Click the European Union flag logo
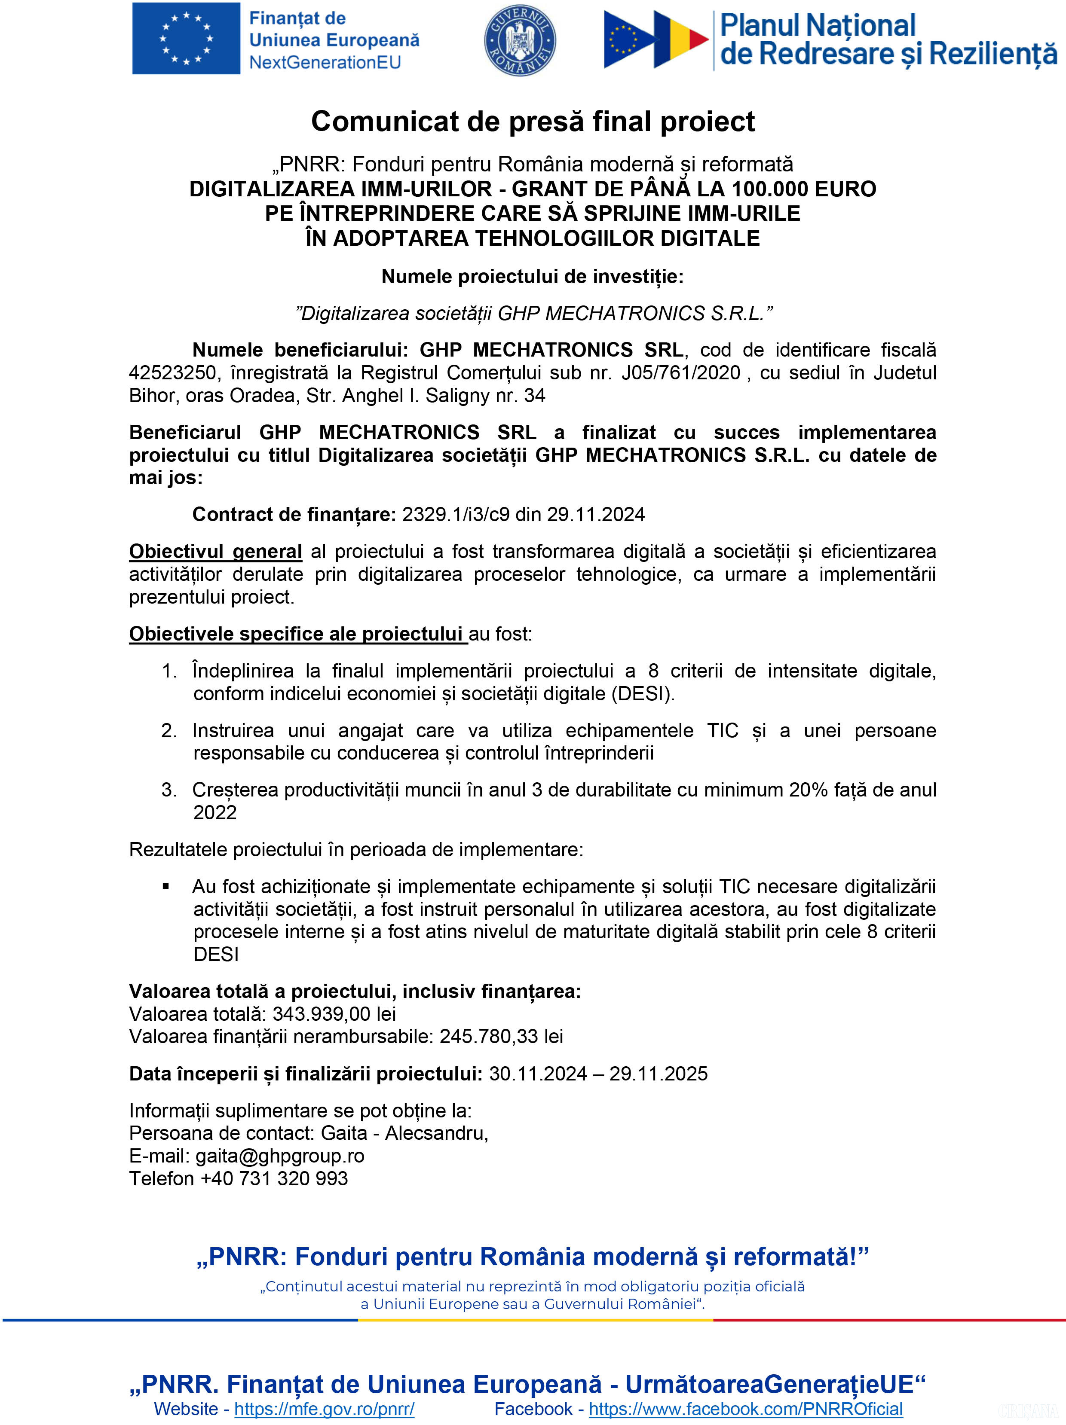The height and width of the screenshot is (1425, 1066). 186,39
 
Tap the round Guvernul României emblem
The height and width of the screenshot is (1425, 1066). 520,40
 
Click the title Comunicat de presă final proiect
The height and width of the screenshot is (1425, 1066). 533,121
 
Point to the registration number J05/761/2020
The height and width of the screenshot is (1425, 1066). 680,373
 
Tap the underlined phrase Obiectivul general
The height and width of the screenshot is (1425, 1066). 215,552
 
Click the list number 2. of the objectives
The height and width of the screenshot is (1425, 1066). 169,730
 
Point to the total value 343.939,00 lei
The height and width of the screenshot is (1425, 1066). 334,1014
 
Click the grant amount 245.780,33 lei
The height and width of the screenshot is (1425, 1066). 501,1037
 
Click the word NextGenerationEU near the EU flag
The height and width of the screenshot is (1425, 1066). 325,62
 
